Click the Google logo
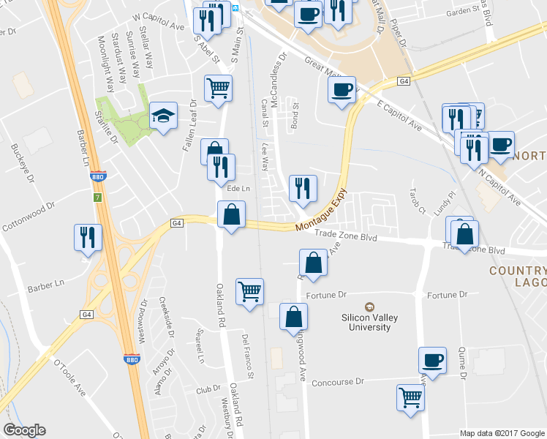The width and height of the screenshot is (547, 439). (x=25, y=430)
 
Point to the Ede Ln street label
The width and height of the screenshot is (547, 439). (x=238, y=189)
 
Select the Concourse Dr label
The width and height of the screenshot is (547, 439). (x=337, y=383)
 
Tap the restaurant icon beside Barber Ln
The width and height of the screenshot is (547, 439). (x=87, y=237)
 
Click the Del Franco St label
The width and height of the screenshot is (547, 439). (x=248, y=356)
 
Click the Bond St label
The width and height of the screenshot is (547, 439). (x=295, y=116)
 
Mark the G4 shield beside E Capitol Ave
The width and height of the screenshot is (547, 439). (x=404, y=80)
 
